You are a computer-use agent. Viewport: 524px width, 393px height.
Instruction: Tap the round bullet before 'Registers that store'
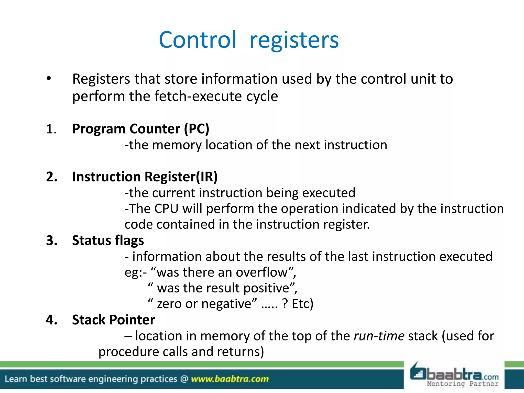(x=49, y=79)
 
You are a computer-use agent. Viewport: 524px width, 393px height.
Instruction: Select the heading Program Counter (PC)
(x=141, y=129)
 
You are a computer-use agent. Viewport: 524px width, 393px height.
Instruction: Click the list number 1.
(x=51, y=129)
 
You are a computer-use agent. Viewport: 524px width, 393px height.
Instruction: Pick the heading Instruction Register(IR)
(x=145, y=177)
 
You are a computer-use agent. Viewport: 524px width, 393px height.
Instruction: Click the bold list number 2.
(x=51, y=177)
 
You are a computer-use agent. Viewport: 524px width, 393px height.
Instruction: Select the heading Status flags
(x=108, y=241)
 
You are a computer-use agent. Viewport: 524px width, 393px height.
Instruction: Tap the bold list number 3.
(x=51, y=241)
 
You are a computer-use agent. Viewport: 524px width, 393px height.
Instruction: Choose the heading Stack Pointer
(x=113, y=320)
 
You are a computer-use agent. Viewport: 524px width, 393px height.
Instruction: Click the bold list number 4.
(x=51, y=320)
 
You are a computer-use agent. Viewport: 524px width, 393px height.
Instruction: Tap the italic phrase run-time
(x=379, y=336)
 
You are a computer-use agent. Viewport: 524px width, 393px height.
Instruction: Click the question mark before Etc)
(x=285, y=304)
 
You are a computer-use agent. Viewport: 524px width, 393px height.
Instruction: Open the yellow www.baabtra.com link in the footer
(x=230, y=379)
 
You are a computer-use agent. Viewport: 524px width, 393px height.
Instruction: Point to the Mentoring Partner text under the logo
(x=463, y=384)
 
